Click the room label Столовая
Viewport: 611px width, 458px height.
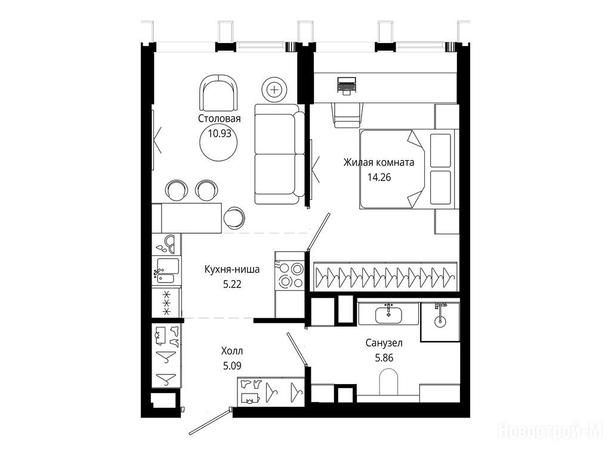tap(220, 119)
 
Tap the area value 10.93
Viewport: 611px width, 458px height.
tap(220, 134)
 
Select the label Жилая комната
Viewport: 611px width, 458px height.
tap(379, 162)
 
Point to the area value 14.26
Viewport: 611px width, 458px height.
tap(379, 178)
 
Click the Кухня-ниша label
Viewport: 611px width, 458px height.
tap(232, 269)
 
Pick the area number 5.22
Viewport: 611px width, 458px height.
tap(232, 284)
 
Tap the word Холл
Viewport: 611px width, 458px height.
tap(232, 351)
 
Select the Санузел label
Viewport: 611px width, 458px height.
tap(384, 343)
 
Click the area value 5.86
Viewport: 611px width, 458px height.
tap(384, 358)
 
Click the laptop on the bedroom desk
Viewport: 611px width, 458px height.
tap(347, 85)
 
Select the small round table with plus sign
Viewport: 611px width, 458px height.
tap(275, 90)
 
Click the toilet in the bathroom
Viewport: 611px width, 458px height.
tap(388, 381)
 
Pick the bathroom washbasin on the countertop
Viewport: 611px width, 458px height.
tap(388, 315)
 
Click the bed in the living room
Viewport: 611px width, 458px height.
tap(407, 169)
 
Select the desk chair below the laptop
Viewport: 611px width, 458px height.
tap(348, 115)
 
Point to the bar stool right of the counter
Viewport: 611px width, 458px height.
tap(233, 217)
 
